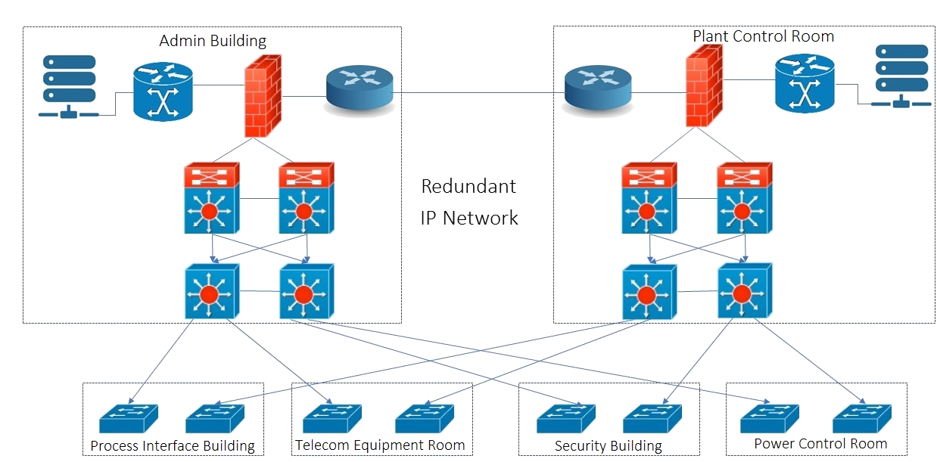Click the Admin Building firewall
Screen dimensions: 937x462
(263, 96)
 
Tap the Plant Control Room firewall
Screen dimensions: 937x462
(705, 85)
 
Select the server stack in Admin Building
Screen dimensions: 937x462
(69, 86)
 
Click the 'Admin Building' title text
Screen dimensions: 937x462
(213, 41)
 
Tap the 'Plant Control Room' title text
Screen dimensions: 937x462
(764, 36)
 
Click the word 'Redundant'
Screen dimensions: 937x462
(469, 186)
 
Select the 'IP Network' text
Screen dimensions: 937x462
(469, 218)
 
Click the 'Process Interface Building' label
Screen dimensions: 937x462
(173, 445)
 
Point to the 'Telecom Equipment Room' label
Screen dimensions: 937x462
(380, 445)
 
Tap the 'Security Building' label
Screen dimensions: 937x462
(609, 446)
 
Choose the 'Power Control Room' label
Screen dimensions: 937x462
(820, 444)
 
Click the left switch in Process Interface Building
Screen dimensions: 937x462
(129, 418)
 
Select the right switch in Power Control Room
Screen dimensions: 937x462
(862, 418)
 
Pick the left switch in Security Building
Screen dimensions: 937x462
(566, 418)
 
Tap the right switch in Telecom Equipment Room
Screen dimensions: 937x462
(425, 418)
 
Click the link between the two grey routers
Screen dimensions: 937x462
(478, 92)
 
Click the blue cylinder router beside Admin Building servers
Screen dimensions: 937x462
(163, 92)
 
